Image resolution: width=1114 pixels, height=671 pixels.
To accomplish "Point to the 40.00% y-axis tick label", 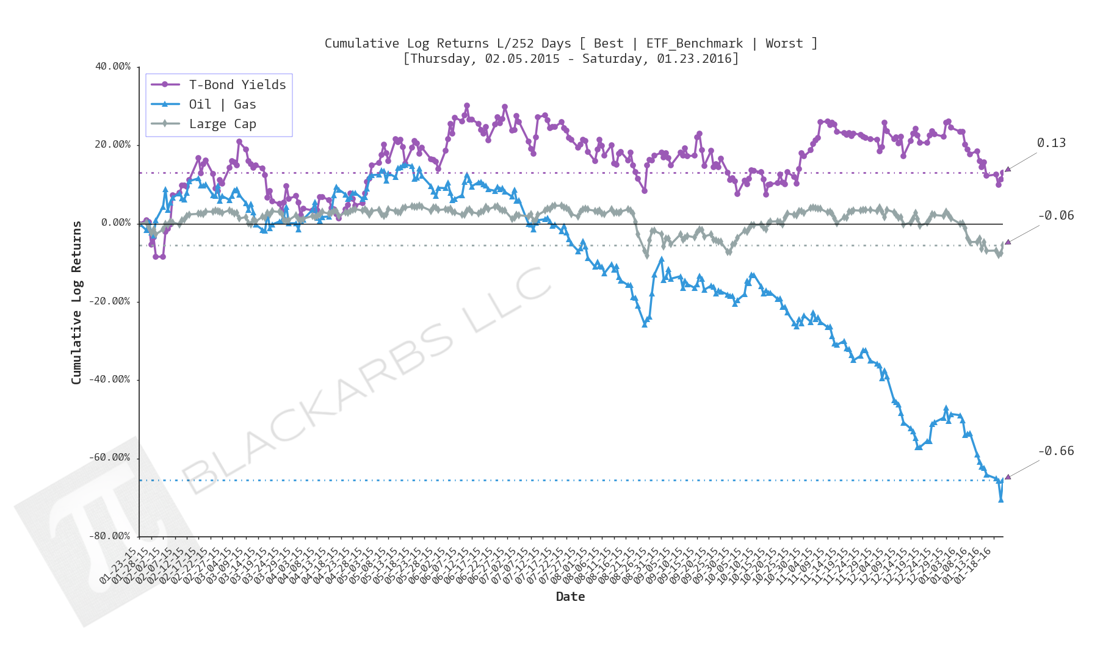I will pos(113,66).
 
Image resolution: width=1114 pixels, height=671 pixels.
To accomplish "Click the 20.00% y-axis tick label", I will pos(113,145).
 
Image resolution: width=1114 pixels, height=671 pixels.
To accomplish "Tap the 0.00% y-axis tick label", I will pos(116,223).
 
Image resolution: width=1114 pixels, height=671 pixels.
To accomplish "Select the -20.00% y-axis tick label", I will pos(110,301).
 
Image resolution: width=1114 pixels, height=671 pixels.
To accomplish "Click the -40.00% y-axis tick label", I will pos(110,379).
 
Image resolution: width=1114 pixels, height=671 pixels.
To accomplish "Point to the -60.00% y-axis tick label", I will pos(110,457).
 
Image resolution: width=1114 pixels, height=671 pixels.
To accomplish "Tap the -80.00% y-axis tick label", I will pos(110,536).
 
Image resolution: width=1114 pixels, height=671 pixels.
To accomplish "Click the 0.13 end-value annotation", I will pos(1051,143).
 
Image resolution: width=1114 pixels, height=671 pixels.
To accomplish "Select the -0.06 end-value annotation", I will pos(1056,215).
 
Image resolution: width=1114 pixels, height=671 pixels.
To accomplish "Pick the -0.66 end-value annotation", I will pos(1056,451).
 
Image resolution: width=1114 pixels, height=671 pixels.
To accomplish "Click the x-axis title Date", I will pos(570,597).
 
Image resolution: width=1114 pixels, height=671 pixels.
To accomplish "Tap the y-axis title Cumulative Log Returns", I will pos(76,303).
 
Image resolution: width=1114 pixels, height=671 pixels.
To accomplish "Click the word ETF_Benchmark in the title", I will pos(695,43).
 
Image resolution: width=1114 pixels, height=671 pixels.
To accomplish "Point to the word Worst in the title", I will pos(784,43).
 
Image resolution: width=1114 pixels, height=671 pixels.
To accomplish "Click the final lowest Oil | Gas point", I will pos(1001,500).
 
